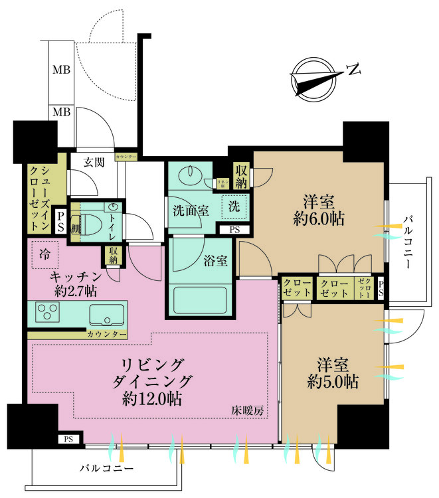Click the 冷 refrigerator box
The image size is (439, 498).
click(x=44, y=253)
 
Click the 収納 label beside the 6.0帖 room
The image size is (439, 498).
click(x=240, y=176)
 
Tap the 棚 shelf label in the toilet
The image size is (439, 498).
click(x=75, y=228)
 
